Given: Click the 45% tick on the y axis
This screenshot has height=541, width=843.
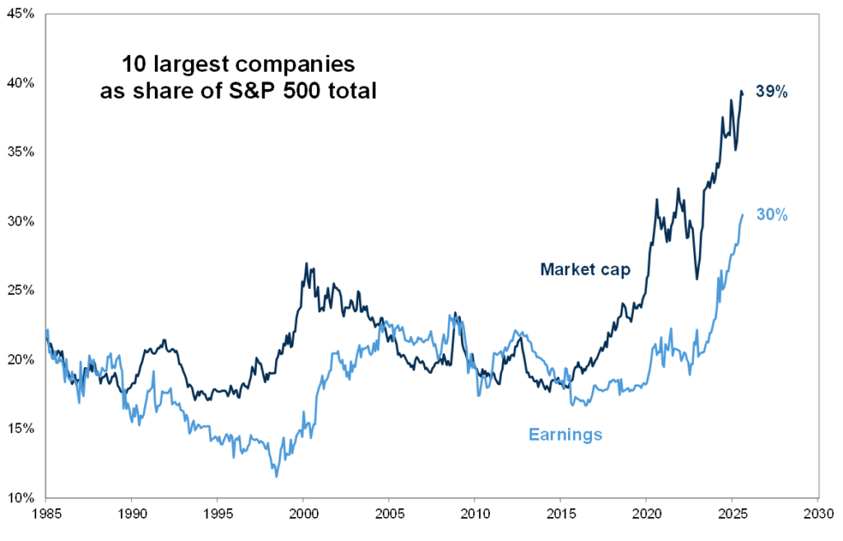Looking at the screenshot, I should [21, 14].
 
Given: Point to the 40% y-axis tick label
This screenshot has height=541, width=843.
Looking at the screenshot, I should [21, 83].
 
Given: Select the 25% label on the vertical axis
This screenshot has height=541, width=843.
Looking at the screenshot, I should [21, 291].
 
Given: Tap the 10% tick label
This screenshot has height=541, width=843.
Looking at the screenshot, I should [21, 498].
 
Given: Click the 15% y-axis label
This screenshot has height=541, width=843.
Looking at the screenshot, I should [21, 429].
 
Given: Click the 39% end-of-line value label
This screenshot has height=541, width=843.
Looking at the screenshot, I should [773, 93].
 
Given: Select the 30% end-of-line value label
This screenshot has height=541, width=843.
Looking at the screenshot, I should [773, 215].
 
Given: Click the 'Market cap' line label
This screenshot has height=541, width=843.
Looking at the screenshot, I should [585, 269].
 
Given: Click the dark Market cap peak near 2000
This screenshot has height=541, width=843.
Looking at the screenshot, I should [306, 264].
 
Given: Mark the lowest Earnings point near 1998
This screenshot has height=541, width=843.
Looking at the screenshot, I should [277, 476].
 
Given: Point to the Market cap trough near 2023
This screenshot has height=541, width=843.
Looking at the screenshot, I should [697, 278].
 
